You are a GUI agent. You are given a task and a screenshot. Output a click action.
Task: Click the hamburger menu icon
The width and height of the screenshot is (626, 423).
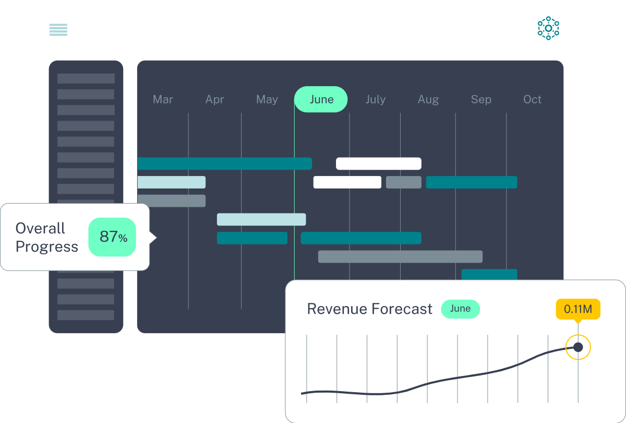[x=58, y=30]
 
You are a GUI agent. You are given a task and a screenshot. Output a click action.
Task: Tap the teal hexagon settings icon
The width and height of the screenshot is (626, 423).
[x=548, y=28]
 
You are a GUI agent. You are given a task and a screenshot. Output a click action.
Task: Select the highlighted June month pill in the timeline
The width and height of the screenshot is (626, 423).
[x=321, y=99]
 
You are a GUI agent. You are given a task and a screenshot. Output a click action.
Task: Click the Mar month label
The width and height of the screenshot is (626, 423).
[x=163, y=99]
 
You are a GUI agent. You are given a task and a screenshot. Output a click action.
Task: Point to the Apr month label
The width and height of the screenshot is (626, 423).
[x=214, y=100]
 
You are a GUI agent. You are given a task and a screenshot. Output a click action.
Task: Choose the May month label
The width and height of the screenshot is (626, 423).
[x=267, y=100]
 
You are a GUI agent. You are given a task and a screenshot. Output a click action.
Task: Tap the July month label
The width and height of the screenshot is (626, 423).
[x=376, y=100]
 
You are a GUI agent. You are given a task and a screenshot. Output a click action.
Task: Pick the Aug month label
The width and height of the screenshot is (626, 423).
[x=428, y=100]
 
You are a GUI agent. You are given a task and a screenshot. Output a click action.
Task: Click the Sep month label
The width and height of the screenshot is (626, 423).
[x=481, y=100]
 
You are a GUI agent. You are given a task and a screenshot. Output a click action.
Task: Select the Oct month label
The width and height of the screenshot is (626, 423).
[x=533, y=99]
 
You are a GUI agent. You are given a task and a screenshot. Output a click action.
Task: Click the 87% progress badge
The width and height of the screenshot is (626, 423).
[x=112, y=237]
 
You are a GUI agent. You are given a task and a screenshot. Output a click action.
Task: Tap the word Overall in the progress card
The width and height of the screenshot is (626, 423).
[x=40, y=228]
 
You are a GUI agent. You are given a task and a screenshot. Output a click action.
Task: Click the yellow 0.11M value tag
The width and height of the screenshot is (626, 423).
[x=578, y=309]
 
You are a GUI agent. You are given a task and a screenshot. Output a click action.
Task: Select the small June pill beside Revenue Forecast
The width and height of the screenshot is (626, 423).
[x=460, y=309]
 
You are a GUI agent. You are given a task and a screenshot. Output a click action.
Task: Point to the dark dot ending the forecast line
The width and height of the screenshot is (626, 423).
[x=578, y=347]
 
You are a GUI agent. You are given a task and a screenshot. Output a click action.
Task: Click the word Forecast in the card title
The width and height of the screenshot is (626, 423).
[x=402, y=309]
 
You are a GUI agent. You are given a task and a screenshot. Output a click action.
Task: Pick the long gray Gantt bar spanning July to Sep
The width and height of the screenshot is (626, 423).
[x=400, y=256]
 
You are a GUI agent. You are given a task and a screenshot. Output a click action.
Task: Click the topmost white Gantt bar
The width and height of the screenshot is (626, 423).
[x=379, y=163]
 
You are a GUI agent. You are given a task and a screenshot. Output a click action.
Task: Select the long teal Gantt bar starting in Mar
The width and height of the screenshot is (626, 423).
[x=225, y=163]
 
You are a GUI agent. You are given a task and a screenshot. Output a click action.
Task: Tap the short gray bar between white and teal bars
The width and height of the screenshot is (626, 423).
[x=404, y=182]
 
